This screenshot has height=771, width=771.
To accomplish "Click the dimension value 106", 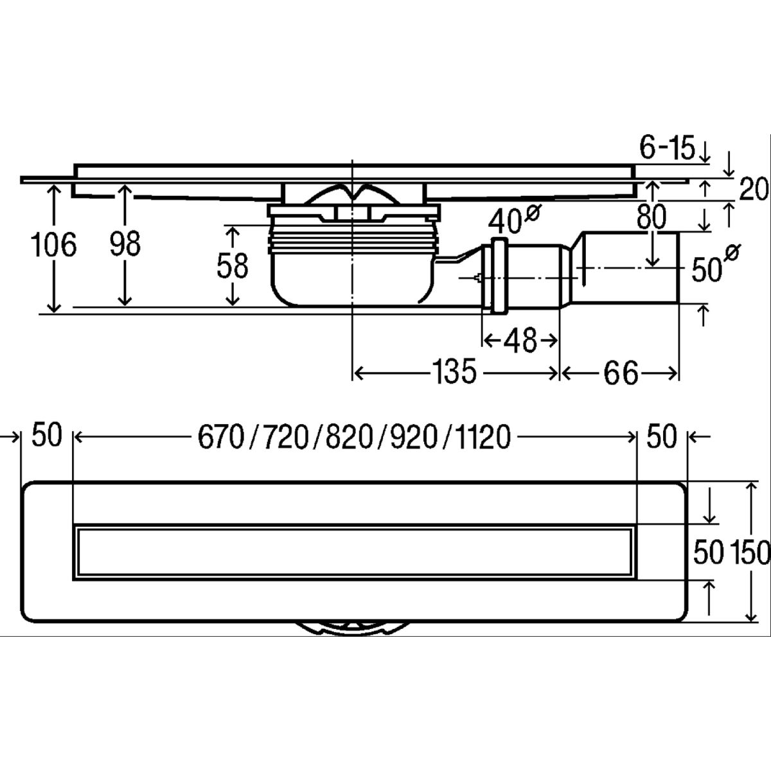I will click(x=54, y=245).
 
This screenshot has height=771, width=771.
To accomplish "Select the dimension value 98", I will click(x=125, y=245).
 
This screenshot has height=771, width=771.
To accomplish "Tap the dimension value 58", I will click(x=232, y=266).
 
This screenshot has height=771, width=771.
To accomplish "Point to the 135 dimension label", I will click(x=454, y=372).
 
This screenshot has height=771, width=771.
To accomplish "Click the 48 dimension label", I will click(x=520, y=341).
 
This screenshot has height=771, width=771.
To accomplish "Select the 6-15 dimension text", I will click(x=667, y=149).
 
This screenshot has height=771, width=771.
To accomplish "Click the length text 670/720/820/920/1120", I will click(x=353, y=438).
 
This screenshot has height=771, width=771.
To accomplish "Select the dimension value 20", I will click(x=753, y=190).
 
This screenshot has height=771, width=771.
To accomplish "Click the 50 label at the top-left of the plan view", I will click(x=46, y=436).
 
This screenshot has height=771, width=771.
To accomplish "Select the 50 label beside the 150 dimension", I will click(x=709, y=551).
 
